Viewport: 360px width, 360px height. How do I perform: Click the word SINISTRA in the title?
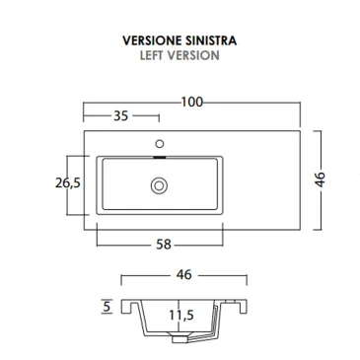click(x=210, y=42)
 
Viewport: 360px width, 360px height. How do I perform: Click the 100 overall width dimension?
click(x=192, y=102)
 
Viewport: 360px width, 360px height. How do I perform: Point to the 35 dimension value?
click(x=121, y=116)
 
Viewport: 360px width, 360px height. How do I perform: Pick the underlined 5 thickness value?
click(x=106, y=307)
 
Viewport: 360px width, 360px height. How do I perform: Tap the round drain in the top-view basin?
click(x=159, y=183)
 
